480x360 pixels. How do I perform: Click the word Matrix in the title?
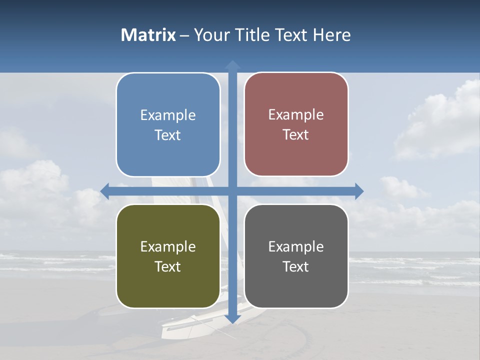click(148, 35)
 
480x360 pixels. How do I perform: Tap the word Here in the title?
click(331, 35)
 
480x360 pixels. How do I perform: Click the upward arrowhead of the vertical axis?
click(232, 64)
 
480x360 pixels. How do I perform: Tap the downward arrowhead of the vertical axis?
click(232, 318)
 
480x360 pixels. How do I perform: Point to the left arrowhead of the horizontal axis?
click(105, 191)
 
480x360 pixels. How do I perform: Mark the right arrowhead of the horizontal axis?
click(359, 191)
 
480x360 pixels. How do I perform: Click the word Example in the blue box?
click(168, 115)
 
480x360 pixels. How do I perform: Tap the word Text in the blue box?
click(168, 135)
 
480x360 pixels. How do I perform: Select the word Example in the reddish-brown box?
click(296, 115)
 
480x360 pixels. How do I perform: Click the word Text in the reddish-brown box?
click(296, 135)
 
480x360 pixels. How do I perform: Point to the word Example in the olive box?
click(168, 246)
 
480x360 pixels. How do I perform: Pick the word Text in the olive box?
click(168, 266)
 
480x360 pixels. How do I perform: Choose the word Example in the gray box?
click(296, 246)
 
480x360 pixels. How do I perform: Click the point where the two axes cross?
click(232, 191)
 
